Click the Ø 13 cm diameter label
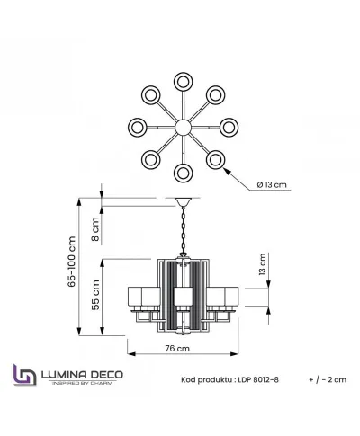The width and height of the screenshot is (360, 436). coord(272,184)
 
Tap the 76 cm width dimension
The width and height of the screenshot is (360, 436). coord(177,348)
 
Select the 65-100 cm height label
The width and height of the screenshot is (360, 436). coord(72,262)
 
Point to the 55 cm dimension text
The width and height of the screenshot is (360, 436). coord(95,295)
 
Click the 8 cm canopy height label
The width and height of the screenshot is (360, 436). coord(95,229)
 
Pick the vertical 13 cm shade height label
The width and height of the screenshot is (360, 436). coord(262,264)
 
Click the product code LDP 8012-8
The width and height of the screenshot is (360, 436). coord(258,379)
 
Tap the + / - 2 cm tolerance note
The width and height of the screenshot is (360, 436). coord(328,379)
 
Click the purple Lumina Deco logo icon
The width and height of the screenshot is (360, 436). coord(25,375)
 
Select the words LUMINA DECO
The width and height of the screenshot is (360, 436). coord(82,375)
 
